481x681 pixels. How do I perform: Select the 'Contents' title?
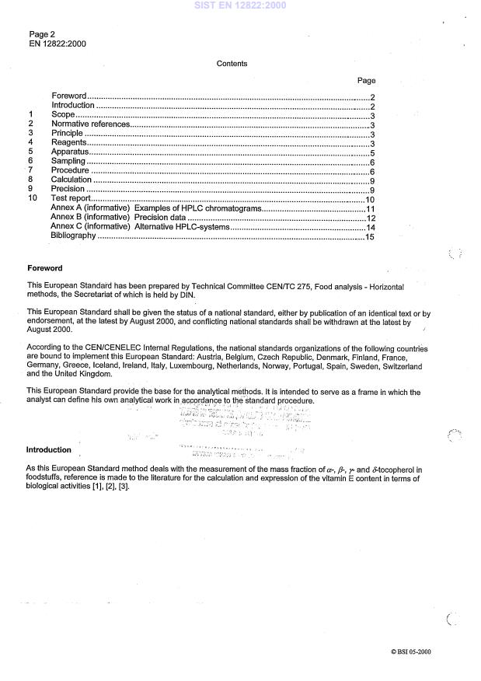click(232, 64)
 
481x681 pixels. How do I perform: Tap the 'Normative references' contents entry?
click(90, 124)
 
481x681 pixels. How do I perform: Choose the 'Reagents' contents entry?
click(68, 143)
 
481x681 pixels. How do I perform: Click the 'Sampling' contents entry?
click(68, 162)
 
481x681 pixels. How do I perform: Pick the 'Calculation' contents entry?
click(71, 180)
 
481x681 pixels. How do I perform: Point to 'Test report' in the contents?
click(71, 199)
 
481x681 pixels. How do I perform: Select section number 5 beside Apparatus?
click(30, 152)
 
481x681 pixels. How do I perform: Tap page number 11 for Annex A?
click(371, 209)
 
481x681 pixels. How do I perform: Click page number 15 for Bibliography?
click(371, 237)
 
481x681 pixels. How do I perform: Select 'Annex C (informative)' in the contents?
click(90, 228)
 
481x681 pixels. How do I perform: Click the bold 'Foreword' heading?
click(45, 268)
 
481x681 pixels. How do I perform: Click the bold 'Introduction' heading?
click(49, 450)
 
